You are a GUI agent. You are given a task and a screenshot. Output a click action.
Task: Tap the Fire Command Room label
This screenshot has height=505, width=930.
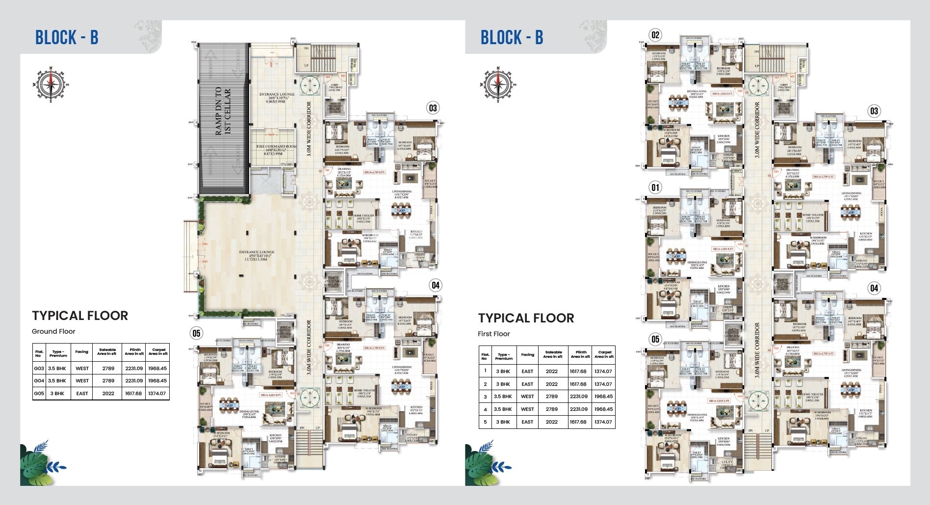click(x=274, y=150)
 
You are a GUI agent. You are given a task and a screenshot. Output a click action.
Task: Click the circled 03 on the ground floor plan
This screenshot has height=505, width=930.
click(x=432, y=108)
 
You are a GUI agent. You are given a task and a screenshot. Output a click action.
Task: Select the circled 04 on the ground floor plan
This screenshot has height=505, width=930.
click(x=435, y=285)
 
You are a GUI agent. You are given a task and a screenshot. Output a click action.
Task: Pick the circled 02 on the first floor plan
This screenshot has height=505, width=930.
click(x=655, y=35)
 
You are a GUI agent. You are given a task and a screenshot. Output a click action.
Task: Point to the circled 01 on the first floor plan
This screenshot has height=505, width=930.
click(x=655, y=187)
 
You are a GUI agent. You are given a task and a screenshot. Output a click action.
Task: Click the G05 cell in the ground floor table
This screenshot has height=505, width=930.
click(x=39, y=393)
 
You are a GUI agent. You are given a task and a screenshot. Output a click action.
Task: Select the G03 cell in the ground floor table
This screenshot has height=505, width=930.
click(x=39, y=368)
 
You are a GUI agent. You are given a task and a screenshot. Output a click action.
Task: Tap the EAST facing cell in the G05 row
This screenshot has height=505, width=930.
click(x=82, y=393)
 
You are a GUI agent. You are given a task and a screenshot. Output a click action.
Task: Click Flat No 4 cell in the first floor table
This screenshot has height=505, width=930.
click(x=485, y=409)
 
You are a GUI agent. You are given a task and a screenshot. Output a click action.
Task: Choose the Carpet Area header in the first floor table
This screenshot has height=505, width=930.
click(x=604, y=354)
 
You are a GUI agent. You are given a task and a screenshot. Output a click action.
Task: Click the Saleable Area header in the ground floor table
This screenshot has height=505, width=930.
click(x=107, y=352)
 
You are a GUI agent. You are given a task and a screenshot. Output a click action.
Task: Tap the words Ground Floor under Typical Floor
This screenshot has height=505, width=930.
click(x=53, y=331)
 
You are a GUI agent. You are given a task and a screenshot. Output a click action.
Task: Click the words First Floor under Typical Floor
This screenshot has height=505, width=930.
click(x=494, y=334)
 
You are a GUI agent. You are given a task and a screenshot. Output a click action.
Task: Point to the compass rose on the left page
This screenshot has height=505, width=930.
click(x=51, y=84)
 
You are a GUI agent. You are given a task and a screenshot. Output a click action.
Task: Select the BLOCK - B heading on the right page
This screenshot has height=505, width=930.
click(x=512, y=37)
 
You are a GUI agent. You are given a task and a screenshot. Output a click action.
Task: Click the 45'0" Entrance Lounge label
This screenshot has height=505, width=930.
click(x=257, y=255)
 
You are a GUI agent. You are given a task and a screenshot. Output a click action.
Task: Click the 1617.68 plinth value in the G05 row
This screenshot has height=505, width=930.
click(x=133, y=393)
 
